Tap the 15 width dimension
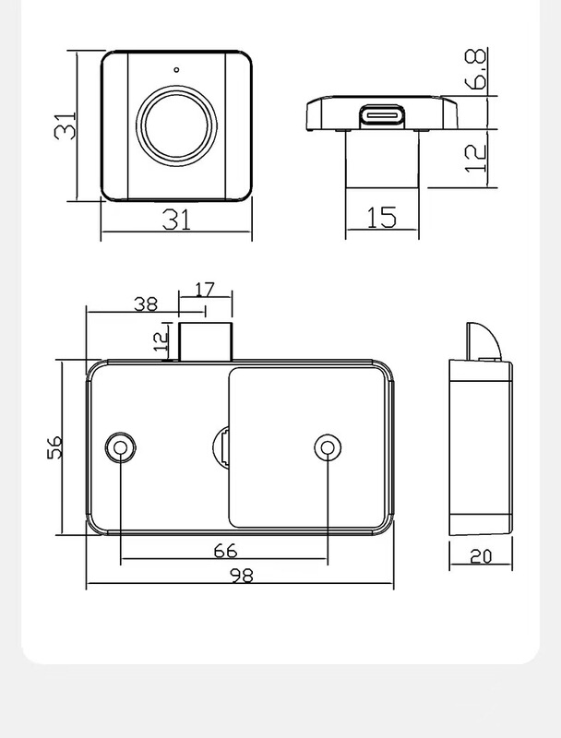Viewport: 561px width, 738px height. click(x=381, y=218)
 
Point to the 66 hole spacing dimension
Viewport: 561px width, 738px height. click(x=225, y=551)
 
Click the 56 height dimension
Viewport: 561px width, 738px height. click(x=54, y=447)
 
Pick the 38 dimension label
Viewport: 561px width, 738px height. click(x=146, y=303)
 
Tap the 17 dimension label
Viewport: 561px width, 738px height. click(x=204, y=290)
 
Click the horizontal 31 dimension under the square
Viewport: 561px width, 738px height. click(x=176, y=219)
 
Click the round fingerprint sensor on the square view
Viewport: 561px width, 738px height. click(x=176, y=125)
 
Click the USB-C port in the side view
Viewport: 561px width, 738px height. click(x=382, y=117)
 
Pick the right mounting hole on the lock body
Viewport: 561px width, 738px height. click(x=328, y=447)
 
